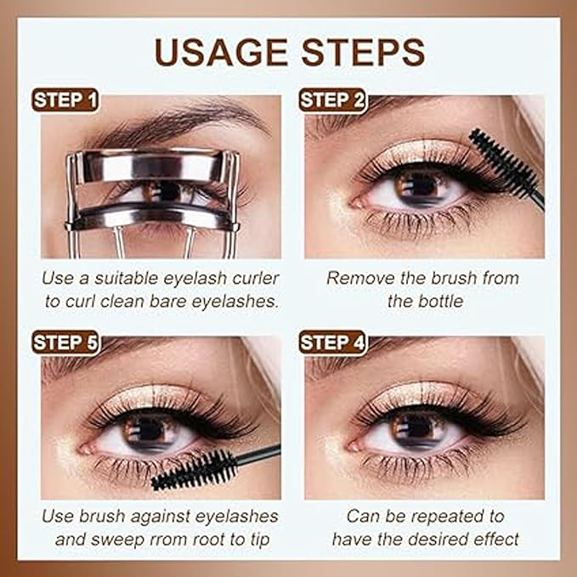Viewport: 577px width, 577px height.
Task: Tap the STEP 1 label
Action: (x=65, y=100)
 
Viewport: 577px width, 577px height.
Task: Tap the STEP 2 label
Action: (x=332, y=100)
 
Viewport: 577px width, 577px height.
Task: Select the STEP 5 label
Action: (x=65, y=343)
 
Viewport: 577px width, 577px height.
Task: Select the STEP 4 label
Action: (x=332, y=343)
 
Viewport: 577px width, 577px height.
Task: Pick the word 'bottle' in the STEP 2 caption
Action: (x=438, y=301)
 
